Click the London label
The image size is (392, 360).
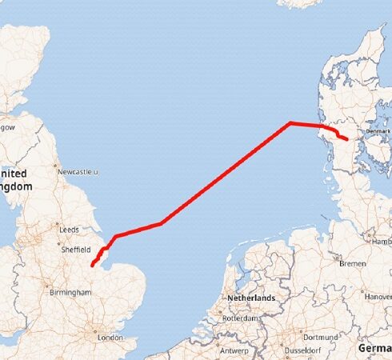(x=110, y=338)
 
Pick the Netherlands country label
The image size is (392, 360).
(x=251, y=298)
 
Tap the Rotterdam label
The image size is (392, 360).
(x=240, y=318)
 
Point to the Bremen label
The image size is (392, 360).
(x=352, y=263)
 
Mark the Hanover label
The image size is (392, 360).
(x=378, y=296)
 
